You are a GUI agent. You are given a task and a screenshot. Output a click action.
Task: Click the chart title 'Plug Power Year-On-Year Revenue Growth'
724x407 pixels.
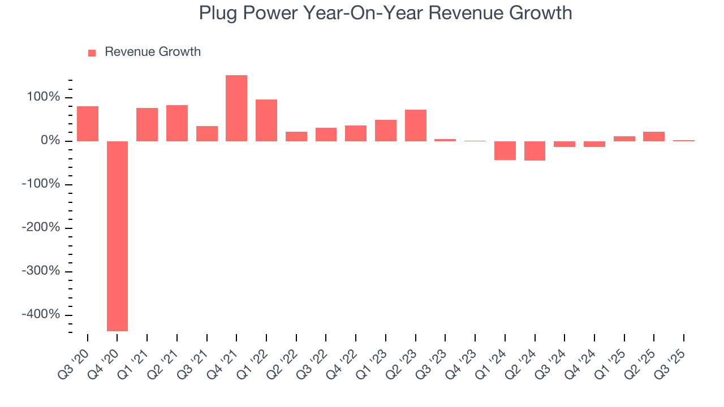point(385,13)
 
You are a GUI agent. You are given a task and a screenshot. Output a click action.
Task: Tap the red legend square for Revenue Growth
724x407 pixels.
point(92,53)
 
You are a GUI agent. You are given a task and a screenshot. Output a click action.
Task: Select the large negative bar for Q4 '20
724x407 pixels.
point(117,236)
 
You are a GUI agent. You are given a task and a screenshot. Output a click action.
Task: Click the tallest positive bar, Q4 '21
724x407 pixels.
point(236,108)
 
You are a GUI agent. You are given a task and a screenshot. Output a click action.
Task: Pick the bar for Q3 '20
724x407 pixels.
point(88,124)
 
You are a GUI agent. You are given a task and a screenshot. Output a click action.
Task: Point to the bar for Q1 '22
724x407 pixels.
point(266,120)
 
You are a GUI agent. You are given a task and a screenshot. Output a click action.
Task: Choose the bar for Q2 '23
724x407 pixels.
point(415,125)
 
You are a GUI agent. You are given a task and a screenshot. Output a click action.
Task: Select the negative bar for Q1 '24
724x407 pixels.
point(505,150)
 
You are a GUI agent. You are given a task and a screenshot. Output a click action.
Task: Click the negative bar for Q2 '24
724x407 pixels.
point(535,151)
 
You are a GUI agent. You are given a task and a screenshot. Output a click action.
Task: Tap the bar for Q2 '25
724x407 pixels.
point(654,136)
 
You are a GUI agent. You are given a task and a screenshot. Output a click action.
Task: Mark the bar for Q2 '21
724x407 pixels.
point(177,123)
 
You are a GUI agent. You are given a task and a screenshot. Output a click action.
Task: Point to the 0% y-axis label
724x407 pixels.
point(50,141)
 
